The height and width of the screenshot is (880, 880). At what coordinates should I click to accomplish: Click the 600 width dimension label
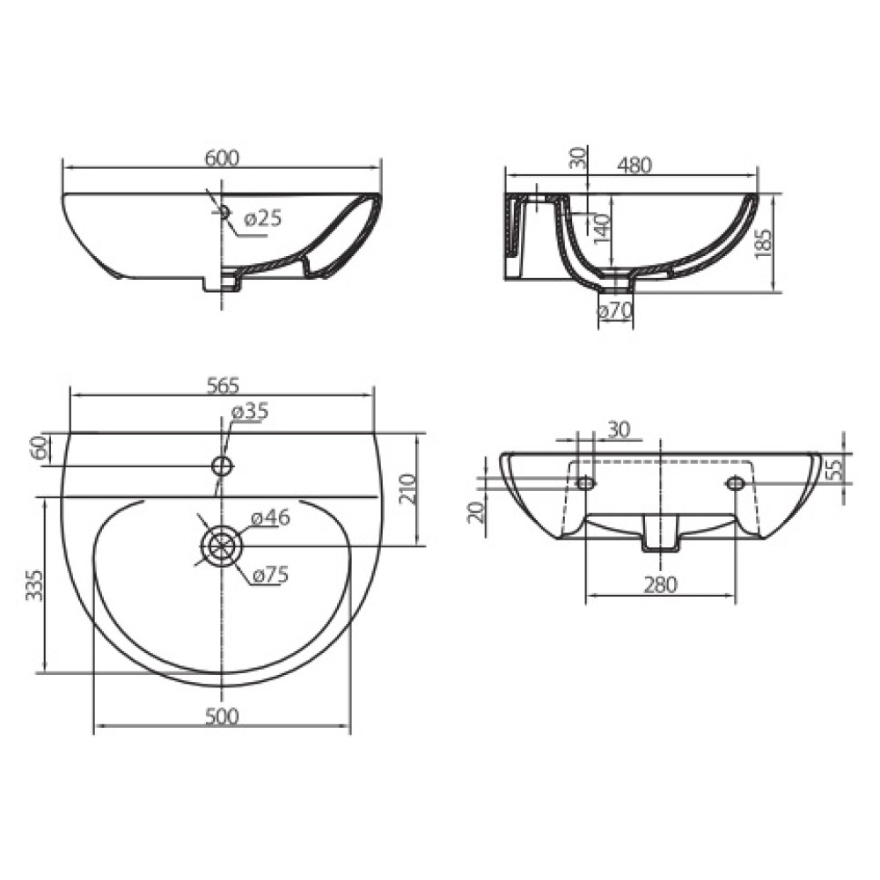pos(222,158)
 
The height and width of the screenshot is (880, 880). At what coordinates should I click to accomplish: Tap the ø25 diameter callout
pos(262,218)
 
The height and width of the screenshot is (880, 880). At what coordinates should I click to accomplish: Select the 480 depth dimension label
pos(634,165)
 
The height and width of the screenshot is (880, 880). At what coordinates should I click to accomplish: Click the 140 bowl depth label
pos(601,227)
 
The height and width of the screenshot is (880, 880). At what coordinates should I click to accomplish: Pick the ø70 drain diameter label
pos(615,311)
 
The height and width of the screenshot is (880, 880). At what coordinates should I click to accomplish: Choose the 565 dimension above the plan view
pos(223,386)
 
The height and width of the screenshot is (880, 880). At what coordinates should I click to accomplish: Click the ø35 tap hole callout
pos(250,411)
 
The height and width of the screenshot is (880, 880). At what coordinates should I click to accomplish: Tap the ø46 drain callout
pos(270,517)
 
